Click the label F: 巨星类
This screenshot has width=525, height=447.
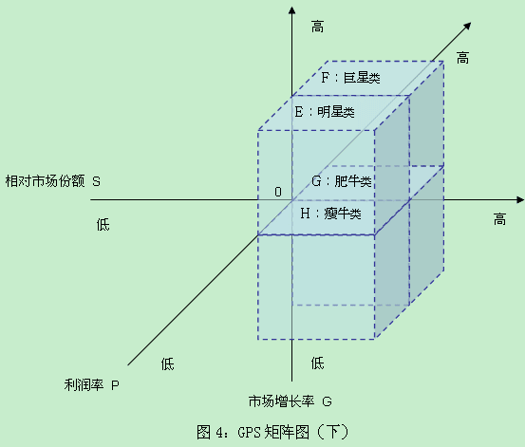point(350,78)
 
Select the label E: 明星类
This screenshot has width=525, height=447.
point(325,112)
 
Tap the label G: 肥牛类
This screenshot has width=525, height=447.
point(342,181)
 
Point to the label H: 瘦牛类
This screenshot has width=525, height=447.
point(330,214)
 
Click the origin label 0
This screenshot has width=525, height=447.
point(278,192)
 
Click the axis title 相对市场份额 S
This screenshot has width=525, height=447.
point(52,181)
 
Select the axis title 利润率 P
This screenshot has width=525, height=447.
point(91,384)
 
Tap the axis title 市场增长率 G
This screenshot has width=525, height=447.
point(290,400)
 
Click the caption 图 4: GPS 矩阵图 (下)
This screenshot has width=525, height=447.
point(272,432)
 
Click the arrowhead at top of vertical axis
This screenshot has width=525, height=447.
point(292,10)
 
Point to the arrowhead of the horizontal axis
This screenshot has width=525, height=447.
point(520,200)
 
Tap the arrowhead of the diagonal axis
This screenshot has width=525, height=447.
point(467,27)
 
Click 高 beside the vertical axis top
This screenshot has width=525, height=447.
point(317,27)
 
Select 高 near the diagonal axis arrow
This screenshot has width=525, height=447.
point(462,58)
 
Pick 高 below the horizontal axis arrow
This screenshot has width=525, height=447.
point(499,219)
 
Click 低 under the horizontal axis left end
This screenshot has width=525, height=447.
point(103,224)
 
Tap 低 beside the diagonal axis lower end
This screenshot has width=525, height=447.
point(167,364)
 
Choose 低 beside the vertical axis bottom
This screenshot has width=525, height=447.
point(317,363)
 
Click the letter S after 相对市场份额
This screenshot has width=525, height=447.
point(96,182)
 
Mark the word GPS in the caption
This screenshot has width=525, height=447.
point(249,432)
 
